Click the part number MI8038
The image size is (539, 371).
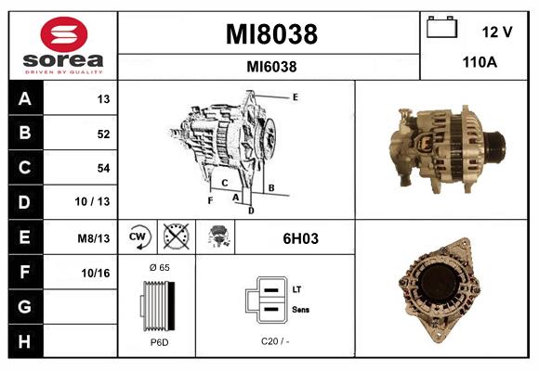pyautogui.click(x=271, y=35)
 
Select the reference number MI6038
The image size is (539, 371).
pyautogui.click(x=271, y=67)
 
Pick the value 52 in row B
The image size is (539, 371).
pyautogui.click(x=102, y=134)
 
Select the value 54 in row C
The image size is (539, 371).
pyautogui.click(x=102, y=168)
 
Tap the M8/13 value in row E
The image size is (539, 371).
pyautogui.click(x=95, y=237)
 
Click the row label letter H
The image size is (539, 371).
pyautogui.click(x=24, y=340)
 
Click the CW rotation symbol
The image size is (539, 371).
pyautogui.click(x=138, y=237)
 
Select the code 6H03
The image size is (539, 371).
pyautogui.click(x=300, y=238)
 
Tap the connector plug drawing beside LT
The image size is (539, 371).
pyautogui.click(x=267, y=300)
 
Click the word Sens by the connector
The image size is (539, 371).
pyautogui.click(x=300, y=309)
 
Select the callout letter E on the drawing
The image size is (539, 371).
pyautogui.click(x=295, y=96)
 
